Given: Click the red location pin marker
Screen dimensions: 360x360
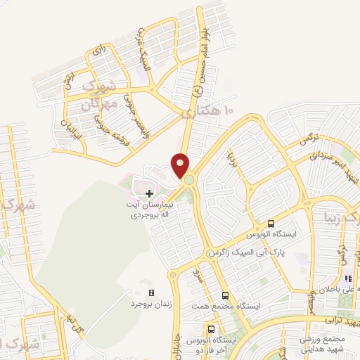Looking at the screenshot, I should (181, 165).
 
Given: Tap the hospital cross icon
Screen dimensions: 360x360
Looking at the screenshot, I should (149, 193).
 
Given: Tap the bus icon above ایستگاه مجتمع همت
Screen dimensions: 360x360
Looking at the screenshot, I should (225, 296).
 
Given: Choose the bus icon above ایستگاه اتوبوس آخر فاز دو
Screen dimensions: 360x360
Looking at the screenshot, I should (211, 329).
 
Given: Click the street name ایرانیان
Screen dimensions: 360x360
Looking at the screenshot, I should (73, 124).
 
